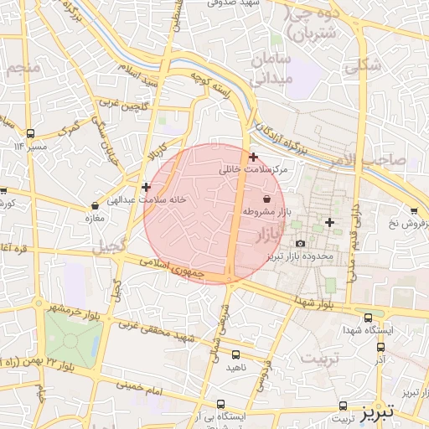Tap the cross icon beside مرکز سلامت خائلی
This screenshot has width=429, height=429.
coord(253,157)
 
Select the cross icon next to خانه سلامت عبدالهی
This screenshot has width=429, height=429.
coord(147,188)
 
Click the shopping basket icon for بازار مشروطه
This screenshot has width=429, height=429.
coord(266,199)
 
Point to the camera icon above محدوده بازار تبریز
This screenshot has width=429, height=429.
coord(301,243)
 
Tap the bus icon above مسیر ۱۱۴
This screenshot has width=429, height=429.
coord(31,133)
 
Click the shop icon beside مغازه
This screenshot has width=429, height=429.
coord(94,207)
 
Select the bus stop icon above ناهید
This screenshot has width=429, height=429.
coord(235,354)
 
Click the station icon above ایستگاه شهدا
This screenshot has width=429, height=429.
coord(370,318)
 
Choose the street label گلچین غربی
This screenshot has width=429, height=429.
coord(125,106)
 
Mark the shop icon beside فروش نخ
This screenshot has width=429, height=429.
coord(414,211)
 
